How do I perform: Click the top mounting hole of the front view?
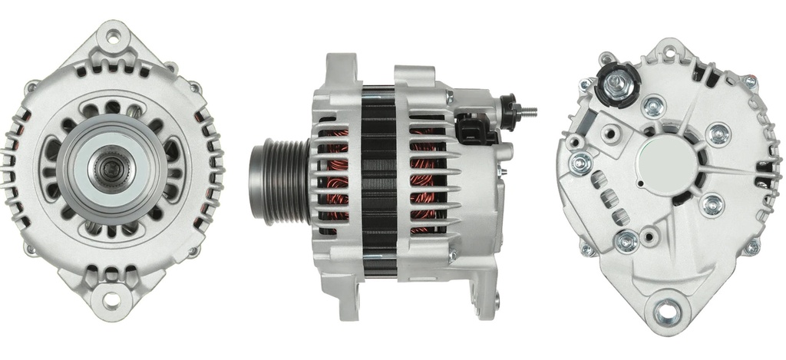pos(114,35)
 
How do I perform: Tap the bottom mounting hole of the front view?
pos(112,299)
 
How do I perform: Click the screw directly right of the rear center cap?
pos(718,134)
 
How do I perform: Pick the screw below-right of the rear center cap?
pos(712,205)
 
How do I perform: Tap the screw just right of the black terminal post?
pos(655,106)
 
